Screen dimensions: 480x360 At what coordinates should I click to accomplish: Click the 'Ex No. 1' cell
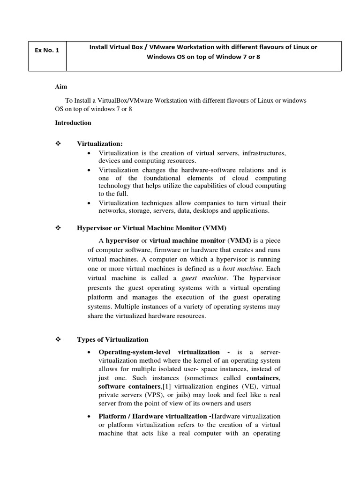47,51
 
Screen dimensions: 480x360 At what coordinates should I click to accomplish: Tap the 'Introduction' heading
73,123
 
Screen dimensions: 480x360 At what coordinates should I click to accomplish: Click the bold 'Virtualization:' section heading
103,143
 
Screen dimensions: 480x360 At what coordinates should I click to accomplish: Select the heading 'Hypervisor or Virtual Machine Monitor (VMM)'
151,228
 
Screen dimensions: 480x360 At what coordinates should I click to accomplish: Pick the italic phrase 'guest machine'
201,278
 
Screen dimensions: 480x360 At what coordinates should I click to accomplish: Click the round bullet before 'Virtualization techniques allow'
90,203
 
